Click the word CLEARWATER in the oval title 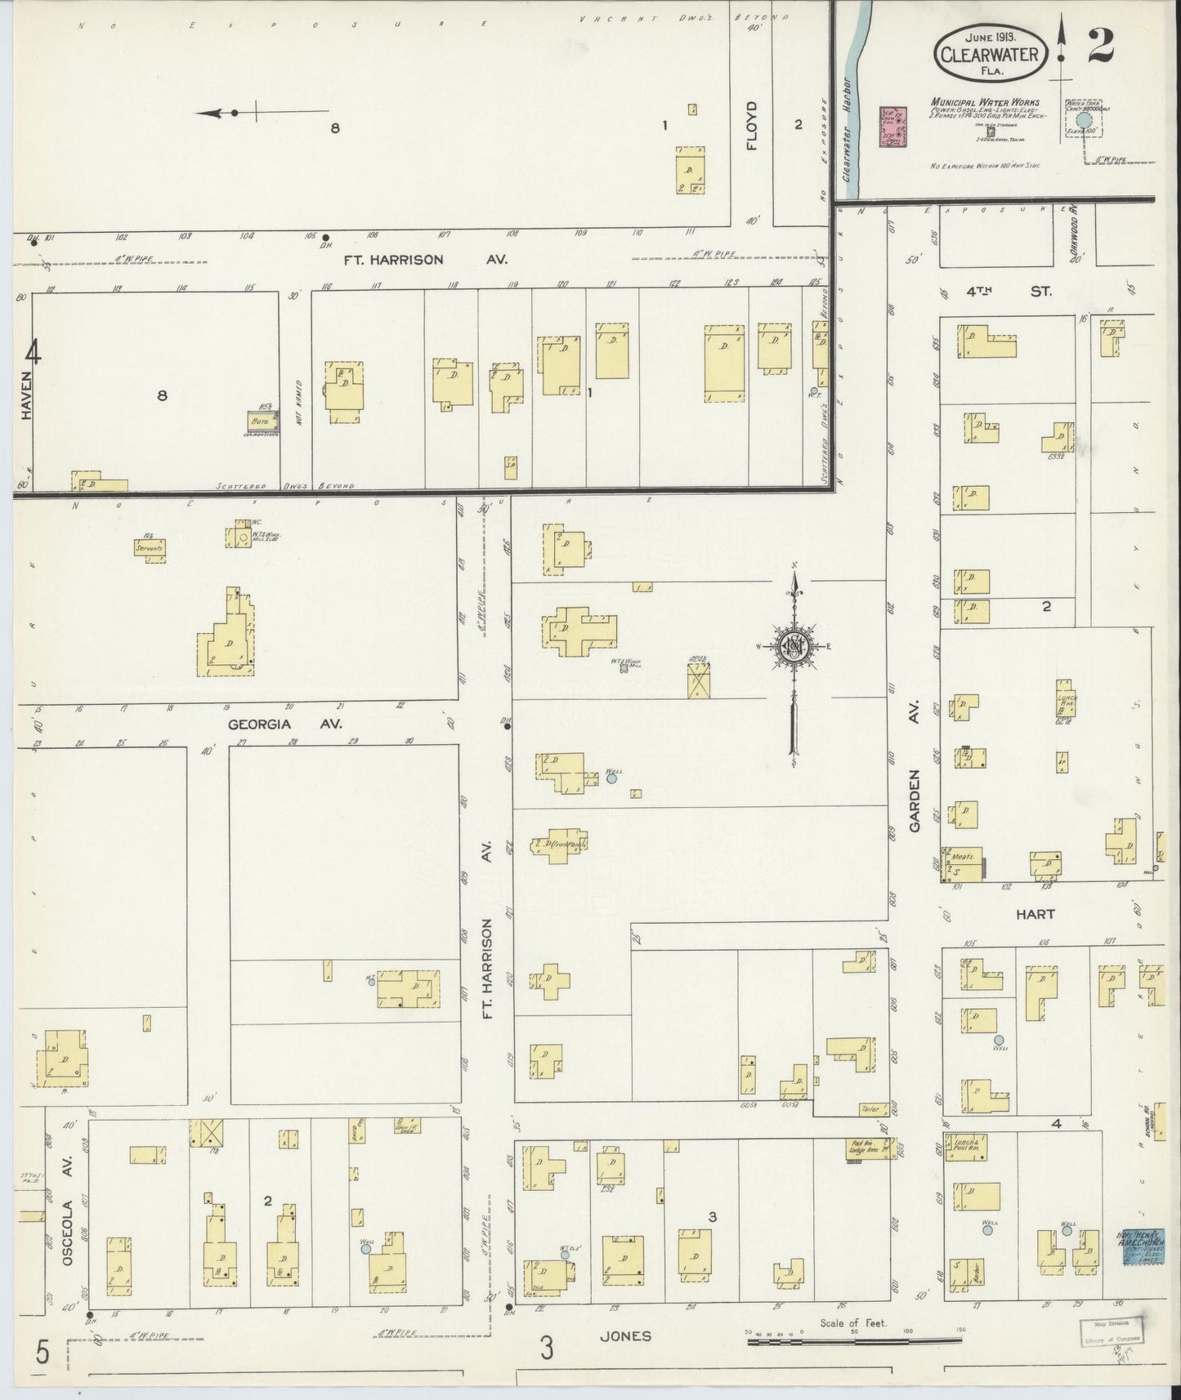pos(989,55)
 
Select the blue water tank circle pos(1084,121)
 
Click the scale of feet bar pos(854,1337)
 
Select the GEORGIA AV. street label pos(284,724)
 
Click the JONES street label pos(625,1337)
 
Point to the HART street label pos(1035,914)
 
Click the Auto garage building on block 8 pos(263,421)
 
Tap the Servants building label pos(150,547)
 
